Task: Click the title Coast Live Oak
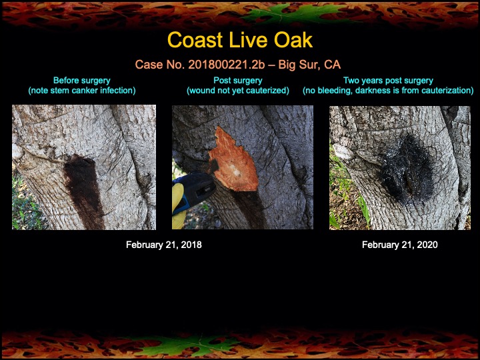pyautogui.click(x=239, y=40)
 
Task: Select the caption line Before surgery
pyautogui.click(x=81, y=81)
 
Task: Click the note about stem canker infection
pyautogui.click(x=81, y=90)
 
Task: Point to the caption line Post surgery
pyautogui.click(x=238, y=81)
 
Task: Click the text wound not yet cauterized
pyautogui.click(x=238, y=90)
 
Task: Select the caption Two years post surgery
pyautogui.click(x=388, y=81)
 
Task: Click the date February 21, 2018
pyautogui.click(x=164, y=245)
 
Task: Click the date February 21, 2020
pyautogui.click(x=400, y=245)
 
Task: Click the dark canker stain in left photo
pyautogui.click(x=83, y=190)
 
